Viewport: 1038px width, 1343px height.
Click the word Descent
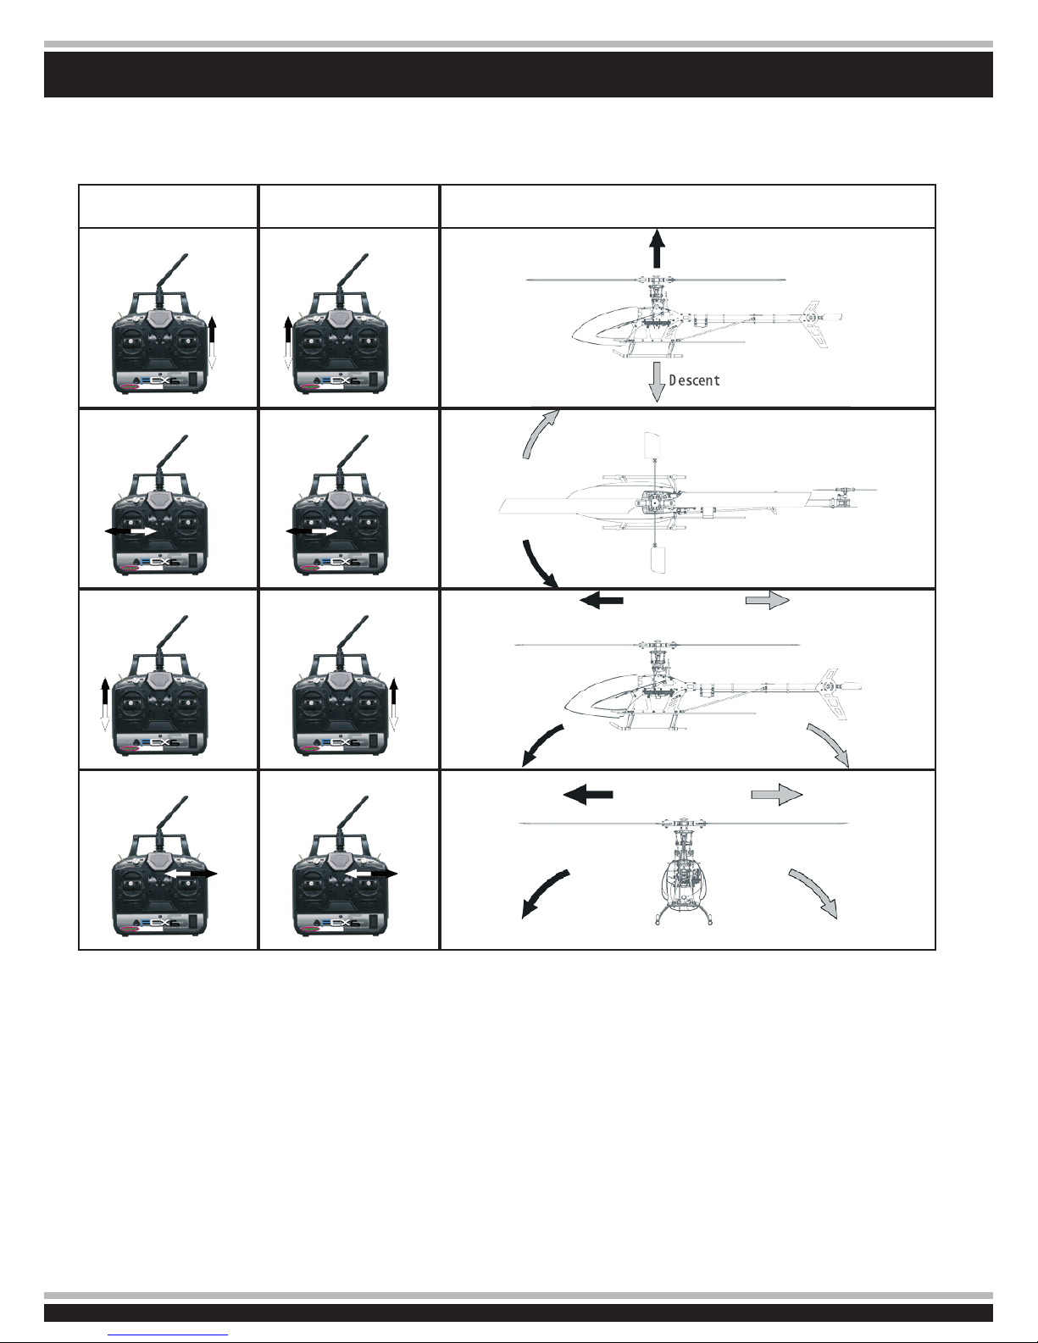tap(694, 380)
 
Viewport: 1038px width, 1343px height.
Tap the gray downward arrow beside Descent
tap(657, 380)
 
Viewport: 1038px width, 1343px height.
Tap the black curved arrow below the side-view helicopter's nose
tap(541, 743)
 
